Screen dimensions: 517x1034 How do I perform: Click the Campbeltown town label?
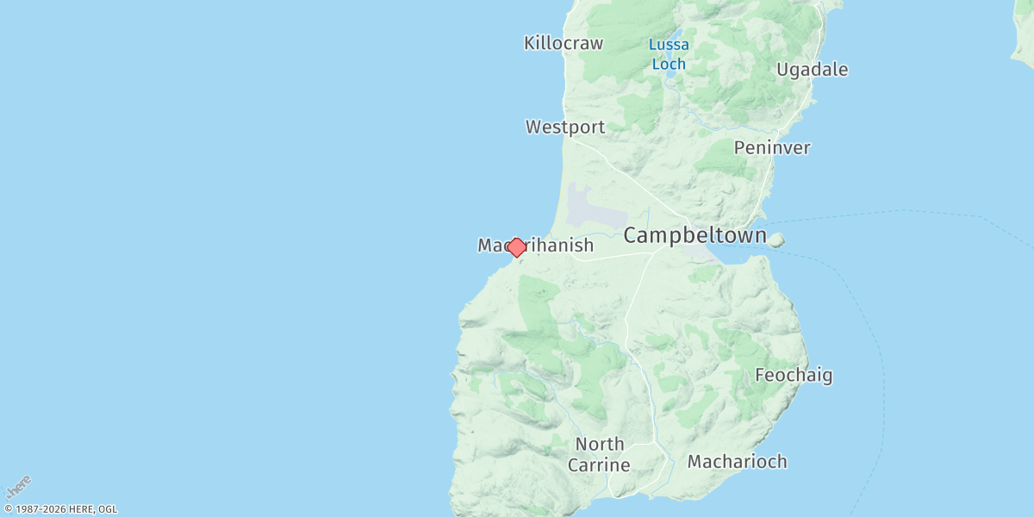coord(695,235)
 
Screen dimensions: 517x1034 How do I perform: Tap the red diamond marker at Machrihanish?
coord(516,247)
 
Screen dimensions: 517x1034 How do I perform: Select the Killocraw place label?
coord(564,43)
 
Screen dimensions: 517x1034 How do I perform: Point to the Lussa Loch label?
coord(669,53)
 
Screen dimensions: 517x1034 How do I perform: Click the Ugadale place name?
coord(813,70)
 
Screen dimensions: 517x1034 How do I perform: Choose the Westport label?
coord(565,128)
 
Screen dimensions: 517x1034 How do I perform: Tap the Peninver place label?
coord(772,148)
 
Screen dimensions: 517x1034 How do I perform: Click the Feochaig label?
coord(794,376)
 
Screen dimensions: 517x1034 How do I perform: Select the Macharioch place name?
coord(737,462)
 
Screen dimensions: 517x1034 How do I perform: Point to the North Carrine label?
coord(600,455)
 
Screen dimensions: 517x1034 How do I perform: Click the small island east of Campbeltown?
coord(775,240)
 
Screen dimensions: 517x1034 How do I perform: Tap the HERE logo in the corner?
coord(18,487)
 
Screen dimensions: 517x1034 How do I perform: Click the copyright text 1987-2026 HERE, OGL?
coord(60,509)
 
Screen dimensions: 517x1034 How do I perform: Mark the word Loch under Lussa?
coord(669,64)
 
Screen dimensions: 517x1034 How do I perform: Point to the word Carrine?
coord(599,466)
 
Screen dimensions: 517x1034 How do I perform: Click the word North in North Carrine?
coord(600,445)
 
